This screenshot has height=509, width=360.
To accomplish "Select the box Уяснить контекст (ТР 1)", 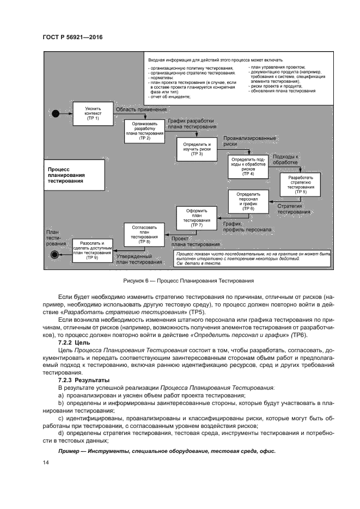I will [x=93, y=113].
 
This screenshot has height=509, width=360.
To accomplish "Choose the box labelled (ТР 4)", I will [x=248, y=166].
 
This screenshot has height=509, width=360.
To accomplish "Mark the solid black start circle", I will [x=55, y=113].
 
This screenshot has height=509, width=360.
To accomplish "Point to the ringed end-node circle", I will [x=55, y=254].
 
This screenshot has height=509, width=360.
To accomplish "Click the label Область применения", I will [x=133, y=109].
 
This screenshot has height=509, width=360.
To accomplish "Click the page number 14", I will [x=45, y=462].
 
